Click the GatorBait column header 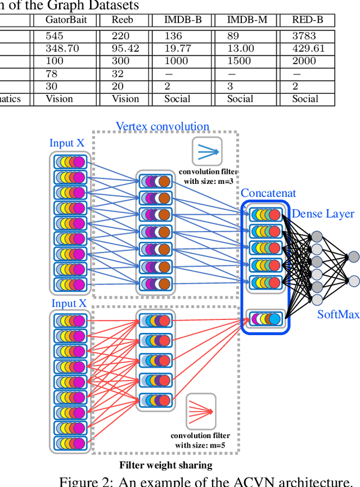point(62,20)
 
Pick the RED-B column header point(308,20)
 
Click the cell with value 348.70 point(62,48)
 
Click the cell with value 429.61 point(308,48)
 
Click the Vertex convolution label point(163,127)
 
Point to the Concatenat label point(268,193)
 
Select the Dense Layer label point(323,214)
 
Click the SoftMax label point(337,314)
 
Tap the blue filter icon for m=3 point(207,151)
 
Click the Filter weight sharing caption point(165,465)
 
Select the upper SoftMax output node point(353,257)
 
